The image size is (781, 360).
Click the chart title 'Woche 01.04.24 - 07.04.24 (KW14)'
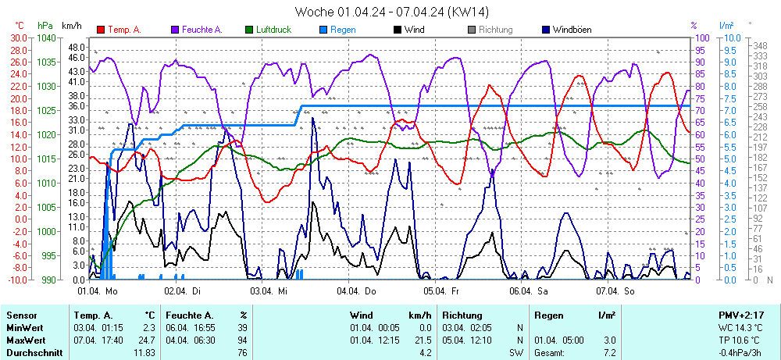(x=392, y=11)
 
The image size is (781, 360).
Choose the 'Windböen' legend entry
(x=571, y=30)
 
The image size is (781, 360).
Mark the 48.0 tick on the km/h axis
(x=76, y=47)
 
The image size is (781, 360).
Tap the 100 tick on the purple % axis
(x=701, y=37)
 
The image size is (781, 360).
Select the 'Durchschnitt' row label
(x=29, y=354)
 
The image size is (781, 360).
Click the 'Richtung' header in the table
(x=462, y=315)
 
